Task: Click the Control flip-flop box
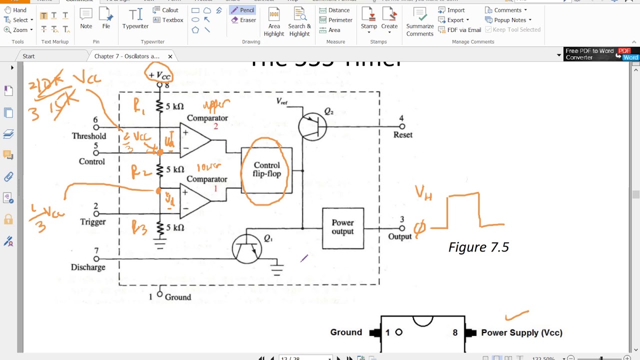pyautogui.click(x=266, y=170)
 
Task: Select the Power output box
pyautogui.click(x=342, y=227)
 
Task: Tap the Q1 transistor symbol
pyautogui.click(x=247, y=249)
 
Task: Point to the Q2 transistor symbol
pyautogui.click(x=312, y=126)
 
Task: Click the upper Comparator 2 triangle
pyautogui.click(x=195, y=140)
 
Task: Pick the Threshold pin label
pyautogui.click(x=88, y=136)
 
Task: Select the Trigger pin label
pyautogui.click(x=92, y=222)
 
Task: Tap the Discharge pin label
pyautogui.click(x=88, y=267)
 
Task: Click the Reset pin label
pyautogui.click(x=402, y=135)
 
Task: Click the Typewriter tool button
pyautogui.click(x=135, y=19)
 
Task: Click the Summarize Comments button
pyautogui.click(x=420, y=22)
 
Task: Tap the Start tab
pyautogui.click(x=28, y=56)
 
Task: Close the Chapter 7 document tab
pyautogui.click(x=170, y=56)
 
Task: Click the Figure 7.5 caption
pyautogui.click(x=478, y=247)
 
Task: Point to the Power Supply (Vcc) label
pyautogui.click(x=521, y=332)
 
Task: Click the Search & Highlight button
pyautogui.click(x=299, y=22)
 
